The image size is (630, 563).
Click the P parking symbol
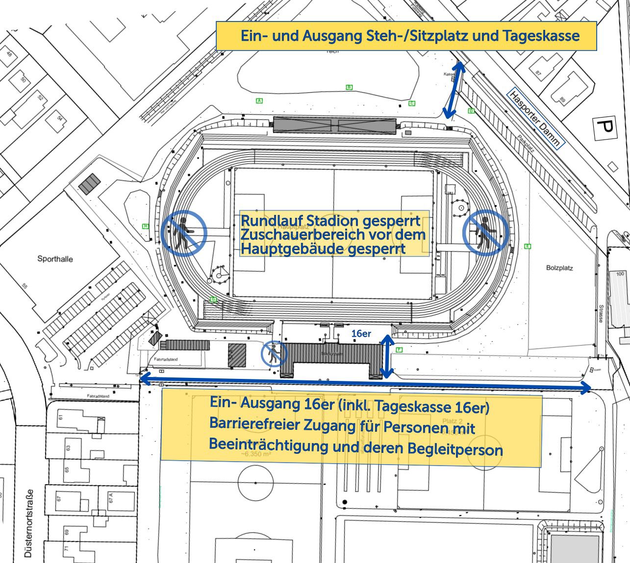tap(605, 129)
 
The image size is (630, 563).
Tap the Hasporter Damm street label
tap(535, 118)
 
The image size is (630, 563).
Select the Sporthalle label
tap(55, 259)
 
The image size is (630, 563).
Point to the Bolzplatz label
tap(559, 268)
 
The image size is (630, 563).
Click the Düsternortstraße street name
tap(29, 524)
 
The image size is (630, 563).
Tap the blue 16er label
tap(361, 333)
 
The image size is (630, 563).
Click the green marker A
tap(259, 101)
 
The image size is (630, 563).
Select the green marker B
tap(349, 87)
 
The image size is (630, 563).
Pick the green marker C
tap(412, 103)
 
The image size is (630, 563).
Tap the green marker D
tap(471, 111)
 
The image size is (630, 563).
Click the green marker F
tap(399, 350)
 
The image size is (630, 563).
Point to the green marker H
tap(145, 226)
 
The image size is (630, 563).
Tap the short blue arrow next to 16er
tap(387, 356)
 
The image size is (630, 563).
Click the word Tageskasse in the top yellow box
tap(541, 36)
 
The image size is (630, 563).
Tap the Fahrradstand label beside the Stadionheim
tap(166, 359)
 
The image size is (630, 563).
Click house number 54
tap(59, 119)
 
